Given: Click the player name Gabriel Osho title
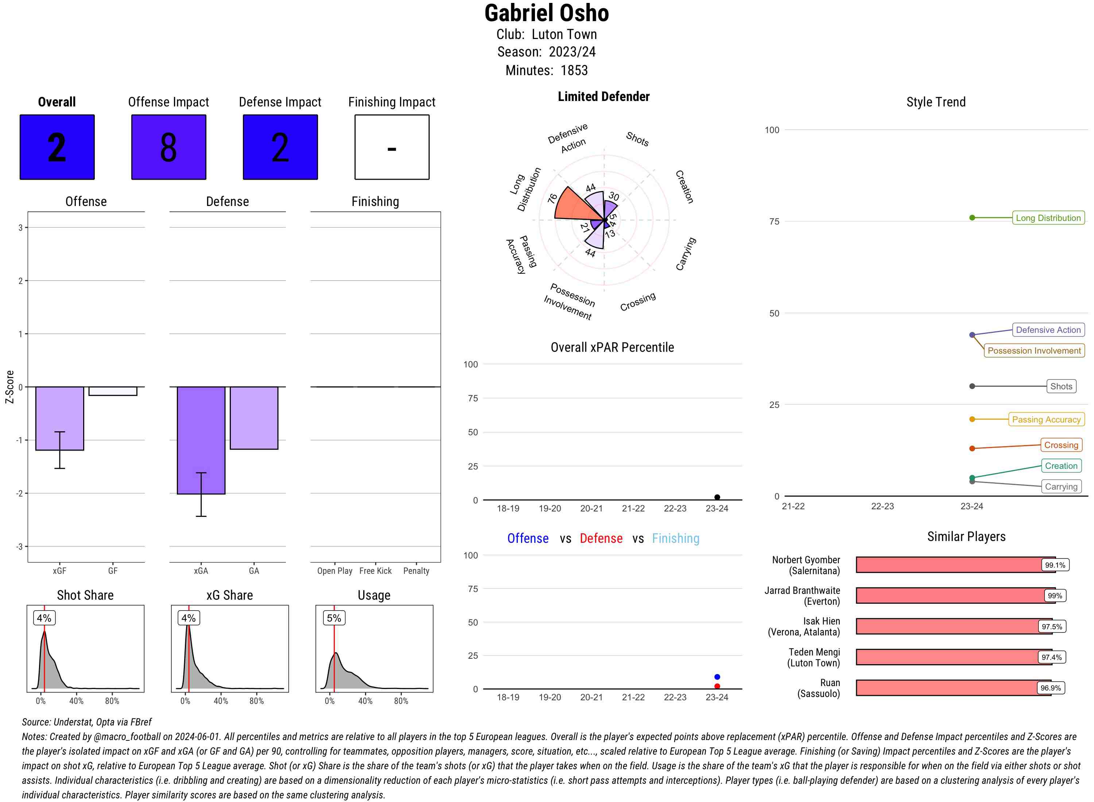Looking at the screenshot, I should [x=546, y=13].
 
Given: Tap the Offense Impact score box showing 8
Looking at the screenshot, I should [x=168, y=147].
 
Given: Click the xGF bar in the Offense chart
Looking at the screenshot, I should [x=60, y=418].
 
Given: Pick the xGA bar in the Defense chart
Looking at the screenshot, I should [x=201, y=440].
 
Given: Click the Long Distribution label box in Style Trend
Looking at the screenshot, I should [x=1048, y=218].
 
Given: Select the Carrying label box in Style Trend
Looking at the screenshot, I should [x=1060, y=486].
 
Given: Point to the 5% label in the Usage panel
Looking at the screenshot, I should [x=334, y=618].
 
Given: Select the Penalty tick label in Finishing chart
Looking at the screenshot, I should [x=416, y=571].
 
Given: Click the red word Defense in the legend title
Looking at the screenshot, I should [x=601, y=538].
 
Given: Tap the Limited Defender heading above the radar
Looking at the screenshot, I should [x=603, y=97].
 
